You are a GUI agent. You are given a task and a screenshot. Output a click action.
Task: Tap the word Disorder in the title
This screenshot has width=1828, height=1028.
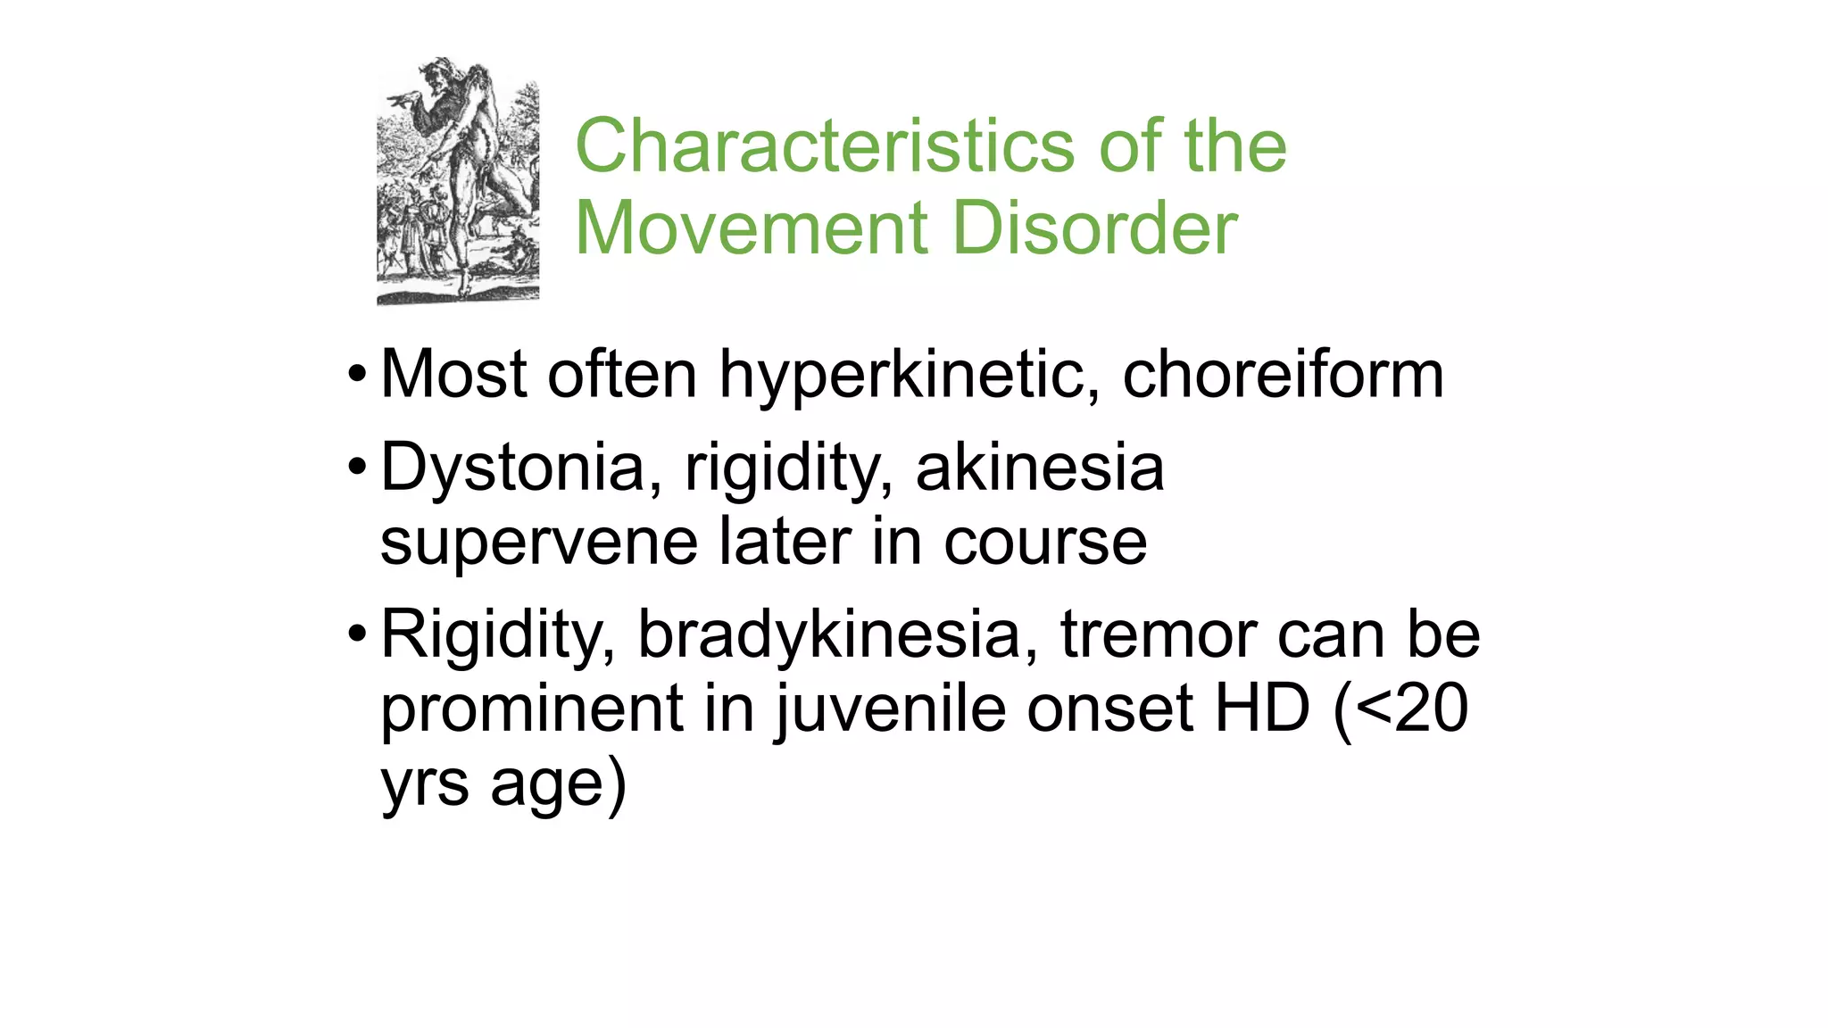click(1095, 228)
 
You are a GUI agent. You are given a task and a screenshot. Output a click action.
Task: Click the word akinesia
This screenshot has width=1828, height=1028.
click(1040, 467)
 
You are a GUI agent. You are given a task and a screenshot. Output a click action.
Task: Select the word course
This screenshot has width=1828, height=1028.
click(1045, 543)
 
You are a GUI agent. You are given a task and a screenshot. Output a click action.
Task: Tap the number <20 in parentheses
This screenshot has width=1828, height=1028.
click(1412, 709)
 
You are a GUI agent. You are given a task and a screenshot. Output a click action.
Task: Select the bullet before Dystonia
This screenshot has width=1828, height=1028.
click(357, 467)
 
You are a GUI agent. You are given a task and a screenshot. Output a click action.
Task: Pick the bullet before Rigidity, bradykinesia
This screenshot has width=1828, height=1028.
click(357, 634)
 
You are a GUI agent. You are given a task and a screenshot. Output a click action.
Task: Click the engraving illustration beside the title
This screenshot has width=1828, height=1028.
click(458, 181)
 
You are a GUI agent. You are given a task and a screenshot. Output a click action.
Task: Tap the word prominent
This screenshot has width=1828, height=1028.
click(532, 709)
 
